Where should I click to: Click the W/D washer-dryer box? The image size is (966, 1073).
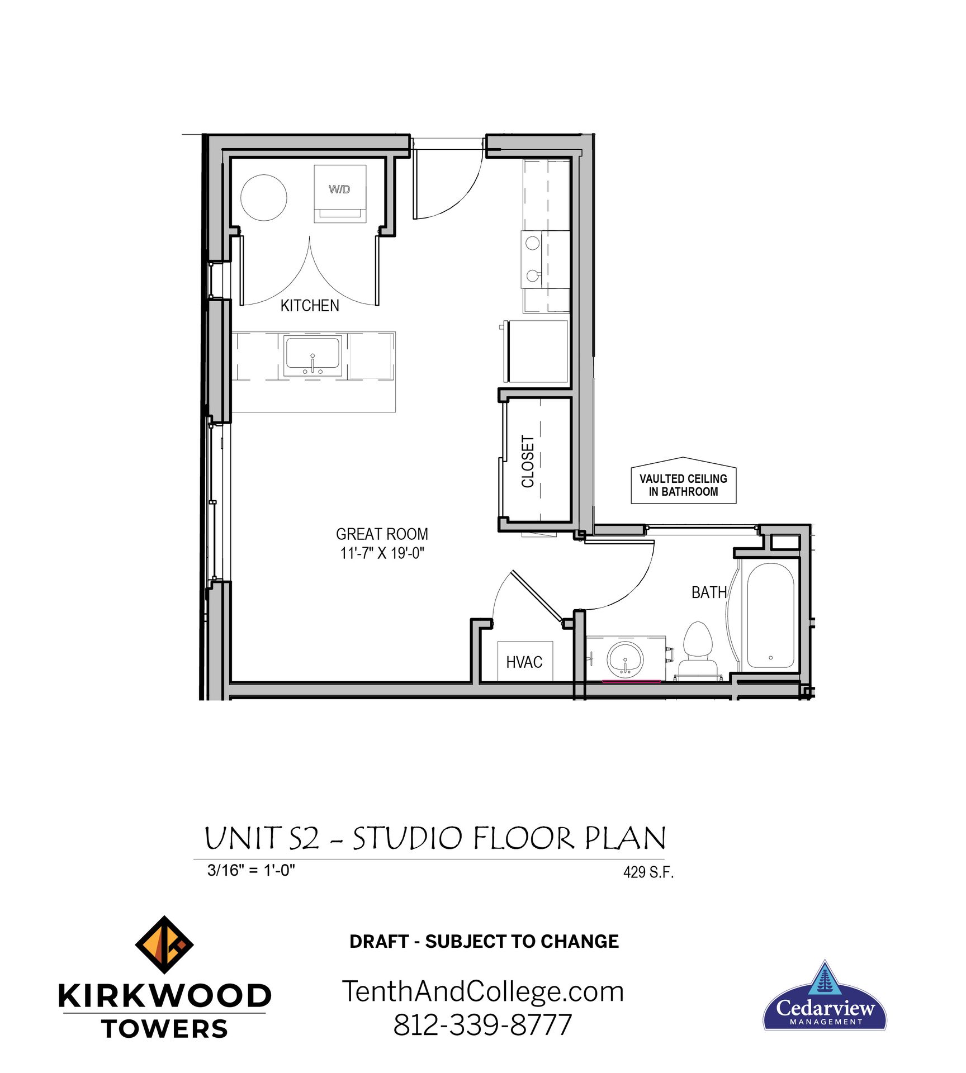pyautogui.click(x=339, y=193)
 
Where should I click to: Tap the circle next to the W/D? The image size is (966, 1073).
pyautogui.click(x=263, y=197)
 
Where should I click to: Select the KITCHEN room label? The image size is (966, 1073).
pyautogui.click(x=309, y=306)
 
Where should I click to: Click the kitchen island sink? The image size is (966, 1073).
pyautogui.click(x=312, y=356)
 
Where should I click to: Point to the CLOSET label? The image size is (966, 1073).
pyautogui.click(x=528, y=461)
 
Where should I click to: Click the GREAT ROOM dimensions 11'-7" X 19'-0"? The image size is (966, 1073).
pyautogui.click(x=382, y=553)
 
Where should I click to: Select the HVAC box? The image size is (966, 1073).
pyautogui.click(x=524, y=662)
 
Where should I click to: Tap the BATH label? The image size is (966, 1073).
pyautogui.click(x=708, y=592)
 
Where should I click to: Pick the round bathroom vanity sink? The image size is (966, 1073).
pyautogui.click(x=625, y=659)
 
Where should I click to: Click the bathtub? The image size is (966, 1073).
pyautogui.click(x=770, y=615)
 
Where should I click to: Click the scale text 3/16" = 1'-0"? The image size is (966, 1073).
pyautogui.click(x=251, y=871)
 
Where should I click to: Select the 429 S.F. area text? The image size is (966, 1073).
pyautogui.click(x=648, y=872)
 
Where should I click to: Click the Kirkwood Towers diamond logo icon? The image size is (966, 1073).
pyautogui.click(x=164, y=944)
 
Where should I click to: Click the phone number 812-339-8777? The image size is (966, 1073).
pyautogui.click(x=482, y=1025)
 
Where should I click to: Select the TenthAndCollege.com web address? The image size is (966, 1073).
pyautogui.click(x=482, y=991)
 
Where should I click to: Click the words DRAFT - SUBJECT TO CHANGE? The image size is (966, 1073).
pyautogui.click(x=484, y=941)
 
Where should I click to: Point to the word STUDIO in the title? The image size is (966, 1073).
pyautogui.click(x=408, y=839)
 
